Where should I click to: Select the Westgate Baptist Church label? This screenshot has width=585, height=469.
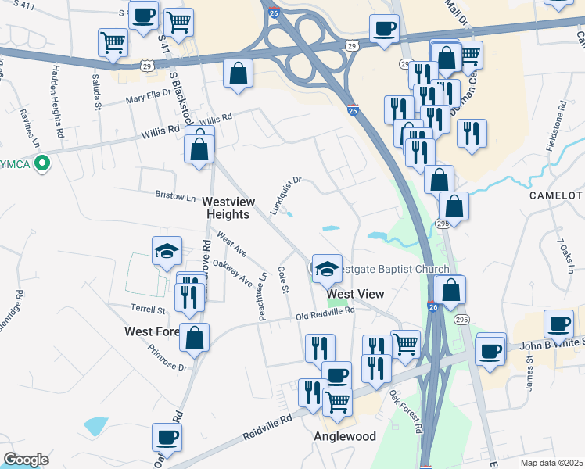[397, 270]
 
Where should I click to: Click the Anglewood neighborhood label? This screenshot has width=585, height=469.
[345, 436]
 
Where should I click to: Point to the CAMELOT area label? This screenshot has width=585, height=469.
[556, 195]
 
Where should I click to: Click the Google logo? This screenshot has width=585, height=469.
[26, 459]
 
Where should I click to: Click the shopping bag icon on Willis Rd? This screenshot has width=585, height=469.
[199, 148]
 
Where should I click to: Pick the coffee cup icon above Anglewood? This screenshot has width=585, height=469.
[337, 375]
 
